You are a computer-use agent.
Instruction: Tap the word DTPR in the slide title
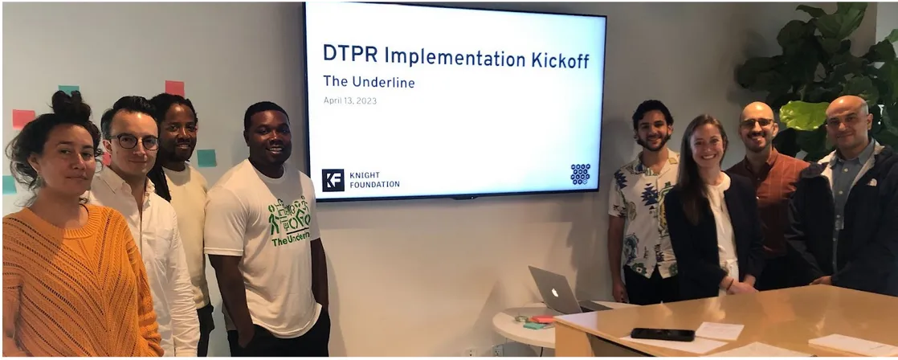coord(349,55)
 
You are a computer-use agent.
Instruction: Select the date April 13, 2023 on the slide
coord(349,100)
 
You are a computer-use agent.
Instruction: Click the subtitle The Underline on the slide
coord(369,81)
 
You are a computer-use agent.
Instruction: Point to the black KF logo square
coord(333,180)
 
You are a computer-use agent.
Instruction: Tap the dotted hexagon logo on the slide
coord(580,174)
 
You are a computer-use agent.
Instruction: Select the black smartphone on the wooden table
coord(662,334)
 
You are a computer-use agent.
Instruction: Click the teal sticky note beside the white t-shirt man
coord(206,157)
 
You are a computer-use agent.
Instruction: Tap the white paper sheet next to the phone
coord(719,330)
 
